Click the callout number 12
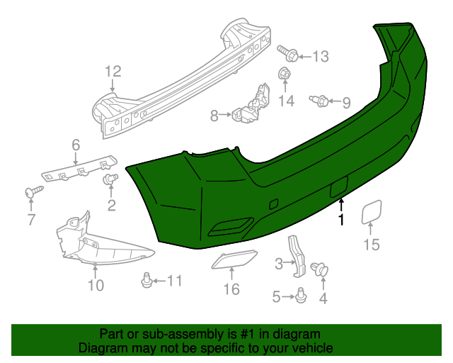[113, 71]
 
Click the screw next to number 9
[318, 101]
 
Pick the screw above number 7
[32, 191]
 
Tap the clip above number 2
[110, 179]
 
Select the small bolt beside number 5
[301, 296]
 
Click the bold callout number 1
[341, 220]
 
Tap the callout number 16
[231, 289]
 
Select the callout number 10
[96, 286]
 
